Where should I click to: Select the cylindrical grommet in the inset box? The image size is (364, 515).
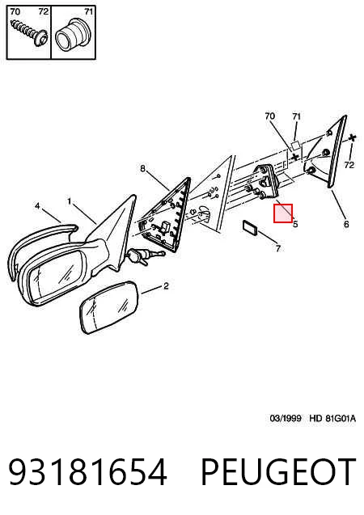click(72, 36)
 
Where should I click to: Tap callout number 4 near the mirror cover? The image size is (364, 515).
click(37, 206)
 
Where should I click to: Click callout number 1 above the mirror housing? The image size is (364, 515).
click(69, 201)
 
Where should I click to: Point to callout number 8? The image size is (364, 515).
click(142, 168)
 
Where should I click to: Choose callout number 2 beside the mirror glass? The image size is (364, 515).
click(167, 286)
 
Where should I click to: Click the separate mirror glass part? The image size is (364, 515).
click(110, 307)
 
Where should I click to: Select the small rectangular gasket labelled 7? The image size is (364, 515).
click(250, 228)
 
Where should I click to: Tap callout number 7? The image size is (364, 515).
click(278, 249)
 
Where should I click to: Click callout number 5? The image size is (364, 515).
click(295, 224)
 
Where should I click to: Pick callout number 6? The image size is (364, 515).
click(346, 224)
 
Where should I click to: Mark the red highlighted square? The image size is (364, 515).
click(283, 213)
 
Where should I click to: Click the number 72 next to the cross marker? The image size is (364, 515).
click(349, 165)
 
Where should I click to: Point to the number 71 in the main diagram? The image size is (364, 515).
click(297, 116)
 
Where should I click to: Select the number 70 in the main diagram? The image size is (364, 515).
click(269, 116)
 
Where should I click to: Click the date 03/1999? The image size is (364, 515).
click(286, 418)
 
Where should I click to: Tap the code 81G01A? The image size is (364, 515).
click(341, 418)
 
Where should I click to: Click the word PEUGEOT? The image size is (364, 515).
click(278, 471)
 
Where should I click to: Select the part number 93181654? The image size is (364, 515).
click(87, 471)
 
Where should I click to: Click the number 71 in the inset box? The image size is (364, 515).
click(89, 11)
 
